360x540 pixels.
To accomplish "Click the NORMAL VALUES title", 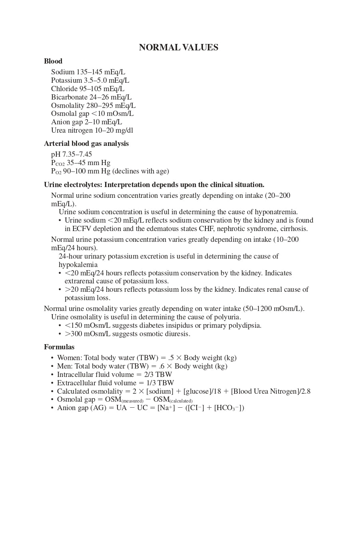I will (178, 48).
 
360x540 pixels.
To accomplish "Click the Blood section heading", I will (53, 61).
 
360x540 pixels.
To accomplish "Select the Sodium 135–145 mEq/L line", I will (88, 72).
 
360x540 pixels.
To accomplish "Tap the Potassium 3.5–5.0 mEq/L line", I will (90, 80).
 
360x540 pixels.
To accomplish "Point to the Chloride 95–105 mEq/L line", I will (88, 89).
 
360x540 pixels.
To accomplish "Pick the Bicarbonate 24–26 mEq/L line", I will (91, 97).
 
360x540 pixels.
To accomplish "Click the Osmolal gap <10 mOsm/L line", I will (92, 114).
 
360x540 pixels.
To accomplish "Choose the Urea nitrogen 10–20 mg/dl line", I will (92, 130).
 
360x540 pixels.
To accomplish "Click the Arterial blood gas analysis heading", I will (86, 143).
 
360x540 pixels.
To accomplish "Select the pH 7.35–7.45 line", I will (72, 154).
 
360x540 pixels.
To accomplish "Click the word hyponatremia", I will (276, 212).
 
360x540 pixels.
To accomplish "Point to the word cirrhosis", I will (294, 229).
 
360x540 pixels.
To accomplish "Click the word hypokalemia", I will (78, 265).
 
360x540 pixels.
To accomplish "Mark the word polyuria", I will (228, 317).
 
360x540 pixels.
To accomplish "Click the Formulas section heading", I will (59, 347).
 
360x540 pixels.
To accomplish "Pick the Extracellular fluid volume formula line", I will (115, 383).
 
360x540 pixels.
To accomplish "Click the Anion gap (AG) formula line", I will (150, 408).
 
